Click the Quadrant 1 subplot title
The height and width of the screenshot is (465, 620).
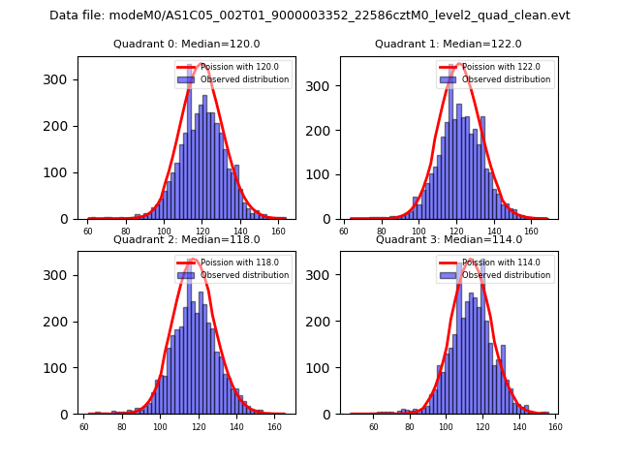pos(448,44)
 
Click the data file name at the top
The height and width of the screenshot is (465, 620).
pos(310,15)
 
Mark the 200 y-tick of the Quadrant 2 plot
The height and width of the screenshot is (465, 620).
pos(59,321)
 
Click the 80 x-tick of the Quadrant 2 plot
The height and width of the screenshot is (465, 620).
pos(122,426)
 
